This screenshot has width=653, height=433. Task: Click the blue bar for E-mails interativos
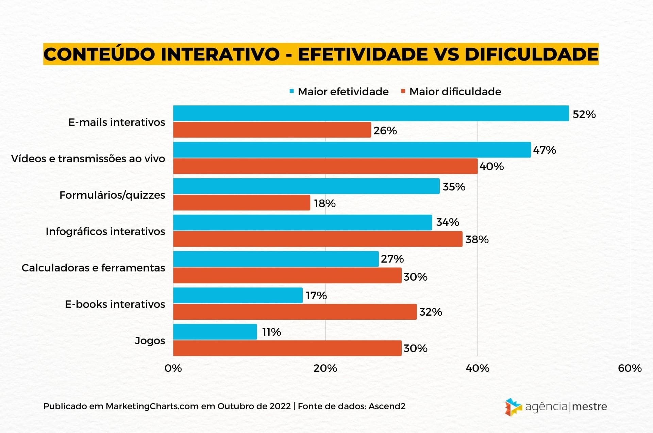coord(371,113)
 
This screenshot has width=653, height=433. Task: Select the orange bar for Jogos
coord(287,348)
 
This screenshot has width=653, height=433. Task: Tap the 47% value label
coord(544,150)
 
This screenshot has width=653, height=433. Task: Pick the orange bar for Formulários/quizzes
coord(241,203)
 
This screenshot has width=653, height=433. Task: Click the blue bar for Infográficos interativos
coord(303,222)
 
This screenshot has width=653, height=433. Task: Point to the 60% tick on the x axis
coord(630,368)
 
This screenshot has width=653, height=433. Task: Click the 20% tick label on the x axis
coord(325,368)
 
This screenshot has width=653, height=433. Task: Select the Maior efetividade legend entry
coord(339,91)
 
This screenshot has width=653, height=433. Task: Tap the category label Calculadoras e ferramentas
coord(93,268)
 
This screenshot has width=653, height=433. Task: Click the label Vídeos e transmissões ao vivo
coord(88,159)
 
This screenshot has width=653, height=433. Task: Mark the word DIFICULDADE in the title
coord(531,54)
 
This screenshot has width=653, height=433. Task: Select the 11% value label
coord(271,332)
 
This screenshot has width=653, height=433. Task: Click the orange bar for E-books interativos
coord(295,312)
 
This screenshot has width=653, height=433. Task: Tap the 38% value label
coord(477,239)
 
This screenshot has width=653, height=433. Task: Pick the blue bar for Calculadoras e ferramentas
coord(276,259)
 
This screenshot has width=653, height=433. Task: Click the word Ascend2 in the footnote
coord(387,406)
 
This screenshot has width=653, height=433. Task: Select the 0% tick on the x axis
coord(173,368)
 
